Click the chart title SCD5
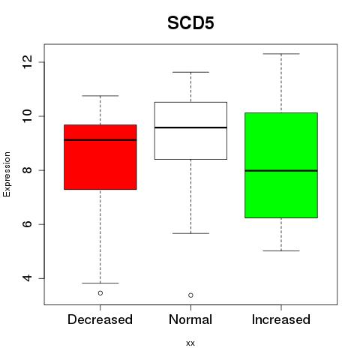pos(190,23)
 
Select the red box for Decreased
pos(100,157)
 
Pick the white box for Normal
pos(190,130)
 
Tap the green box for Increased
pos(281,165)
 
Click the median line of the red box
pos(100,139)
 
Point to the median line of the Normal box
pos(190,127)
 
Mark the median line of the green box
pos(281,171)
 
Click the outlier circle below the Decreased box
pos(100,293)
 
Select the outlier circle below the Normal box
pos(190,295)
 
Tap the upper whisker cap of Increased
pos(281,54)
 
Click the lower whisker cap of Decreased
pos(100,283)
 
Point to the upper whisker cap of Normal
pos(190,72)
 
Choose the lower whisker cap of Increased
pos(281,250)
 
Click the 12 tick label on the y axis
pos(27,62)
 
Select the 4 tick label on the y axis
pos(27,278)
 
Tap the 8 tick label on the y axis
pos(27,170)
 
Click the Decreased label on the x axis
pos(100,319)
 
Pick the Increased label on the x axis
pos(281,319)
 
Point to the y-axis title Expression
pos(7,174)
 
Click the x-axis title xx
pos(190,343)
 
